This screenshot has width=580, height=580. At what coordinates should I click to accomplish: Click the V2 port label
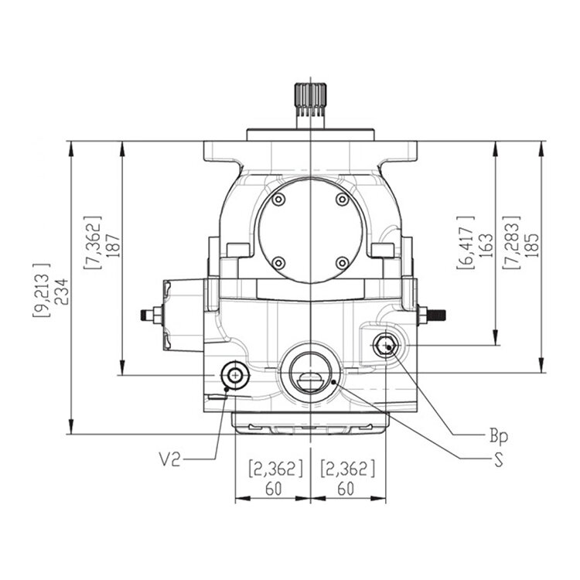[170, 460]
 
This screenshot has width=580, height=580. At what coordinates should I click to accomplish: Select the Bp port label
[499, 436]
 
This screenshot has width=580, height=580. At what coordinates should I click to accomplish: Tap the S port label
[499, 460]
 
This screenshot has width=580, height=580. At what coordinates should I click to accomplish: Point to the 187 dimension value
[114, 246]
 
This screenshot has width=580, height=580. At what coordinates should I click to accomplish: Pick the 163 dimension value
[486, 245]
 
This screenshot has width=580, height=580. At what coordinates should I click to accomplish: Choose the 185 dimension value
[531, 245]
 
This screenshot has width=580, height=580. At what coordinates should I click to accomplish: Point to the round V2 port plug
[234, 375]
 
